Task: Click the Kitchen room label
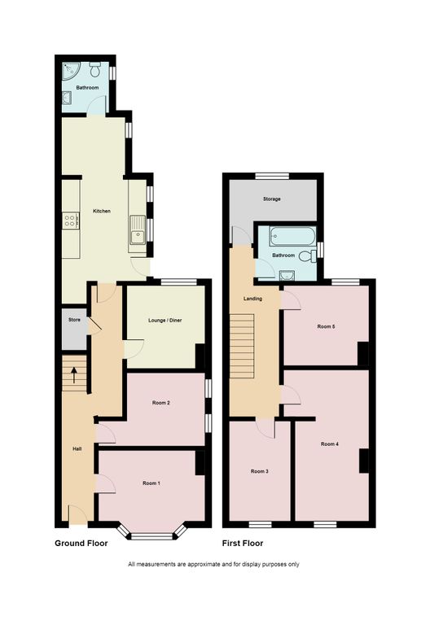click(102, 211)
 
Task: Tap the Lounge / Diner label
click(165, 320)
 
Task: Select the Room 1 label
click(151, 483)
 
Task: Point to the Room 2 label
click(160, 403)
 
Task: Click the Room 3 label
click(259, 472)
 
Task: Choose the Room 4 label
click(329, 444)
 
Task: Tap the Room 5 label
click(326, 326)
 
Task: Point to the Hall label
click(77, 449)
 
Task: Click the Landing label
click(253, 299)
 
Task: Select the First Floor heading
click(243, 543)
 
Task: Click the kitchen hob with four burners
click(69, 220)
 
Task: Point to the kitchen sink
click(136, 229)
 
